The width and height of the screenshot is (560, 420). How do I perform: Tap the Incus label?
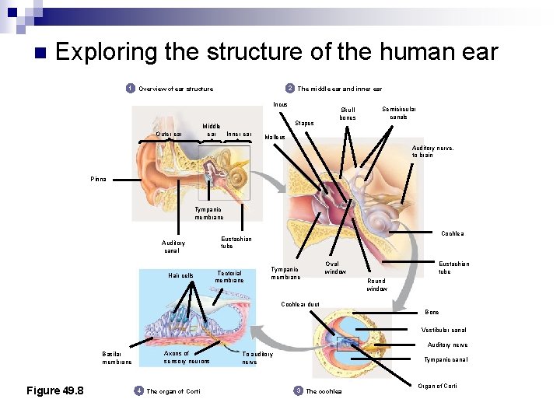tap(280, 104)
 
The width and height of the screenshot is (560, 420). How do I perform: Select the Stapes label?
tap(304, 123)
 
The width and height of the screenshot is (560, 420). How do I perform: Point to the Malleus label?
tap(275, 138)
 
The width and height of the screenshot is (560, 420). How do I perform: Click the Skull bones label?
tap(348, 114)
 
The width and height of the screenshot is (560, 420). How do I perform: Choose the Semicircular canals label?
tap(398, 114)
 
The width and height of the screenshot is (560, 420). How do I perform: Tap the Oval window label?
tap(335, 268)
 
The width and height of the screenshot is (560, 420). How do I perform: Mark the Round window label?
tap(376, 285)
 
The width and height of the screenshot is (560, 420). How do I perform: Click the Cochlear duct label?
tap(300, 304)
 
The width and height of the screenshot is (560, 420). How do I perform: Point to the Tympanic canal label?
tap(446, 359)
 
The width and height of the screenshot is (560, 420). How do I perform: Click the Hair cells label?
tap(180, 275)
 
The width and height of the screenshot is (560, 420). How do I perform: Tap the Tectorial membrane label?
tap(229, 276)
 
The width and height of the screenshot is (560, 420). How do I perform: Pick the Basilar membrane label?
tap(117, 358)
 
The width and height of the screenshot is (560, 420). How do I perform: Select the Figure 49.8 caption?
tap(55, 390)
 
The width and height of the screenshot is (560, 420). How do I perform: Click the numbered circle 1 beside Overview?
tap(131, 88)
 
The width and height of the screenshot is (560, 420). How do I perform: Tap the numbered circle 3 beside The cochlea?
tap(298, 390)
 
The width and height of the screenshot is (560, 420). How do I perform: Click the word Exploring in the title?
tap(107, 52)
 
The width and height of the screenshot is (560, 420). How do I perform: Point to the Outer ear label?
tap(169, 134)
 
